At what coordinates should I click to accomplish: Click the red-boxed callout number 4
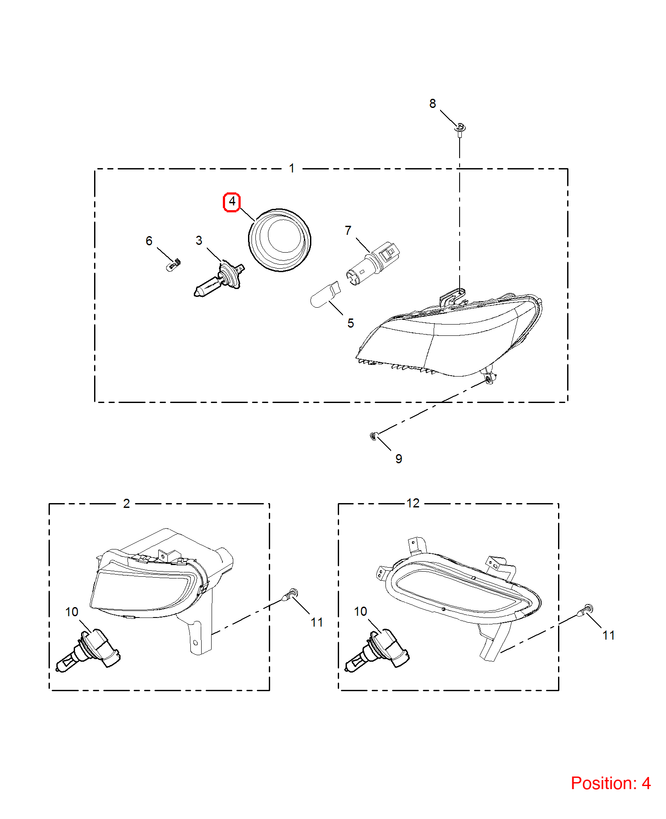232,202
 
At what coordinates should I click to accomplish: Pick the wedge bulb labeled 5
326,294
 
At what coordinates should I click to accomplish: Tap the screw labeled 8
460,130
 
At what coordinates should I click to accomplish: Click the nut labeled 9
374,435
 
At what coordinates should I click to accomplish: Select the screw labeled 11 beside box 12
584,611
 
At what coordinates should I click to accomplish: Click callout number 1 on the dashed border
292,168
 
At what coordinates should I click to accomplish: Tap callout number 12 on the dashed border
413,503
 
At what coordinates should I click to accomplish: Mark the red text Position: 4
610,783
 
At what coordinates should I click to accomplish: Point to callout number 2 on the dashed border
126,504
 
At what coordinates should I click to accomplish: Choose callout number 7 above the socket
348,231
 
